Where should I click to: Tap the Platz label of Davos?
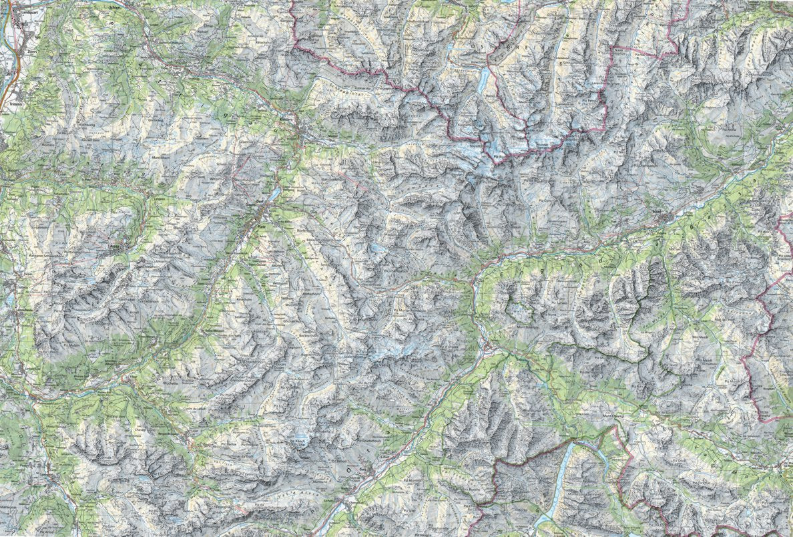(260, 227)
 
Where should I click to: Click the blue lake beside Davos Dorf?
(274, 194)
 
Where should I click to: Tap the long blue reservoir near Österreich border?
(482, 79)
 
